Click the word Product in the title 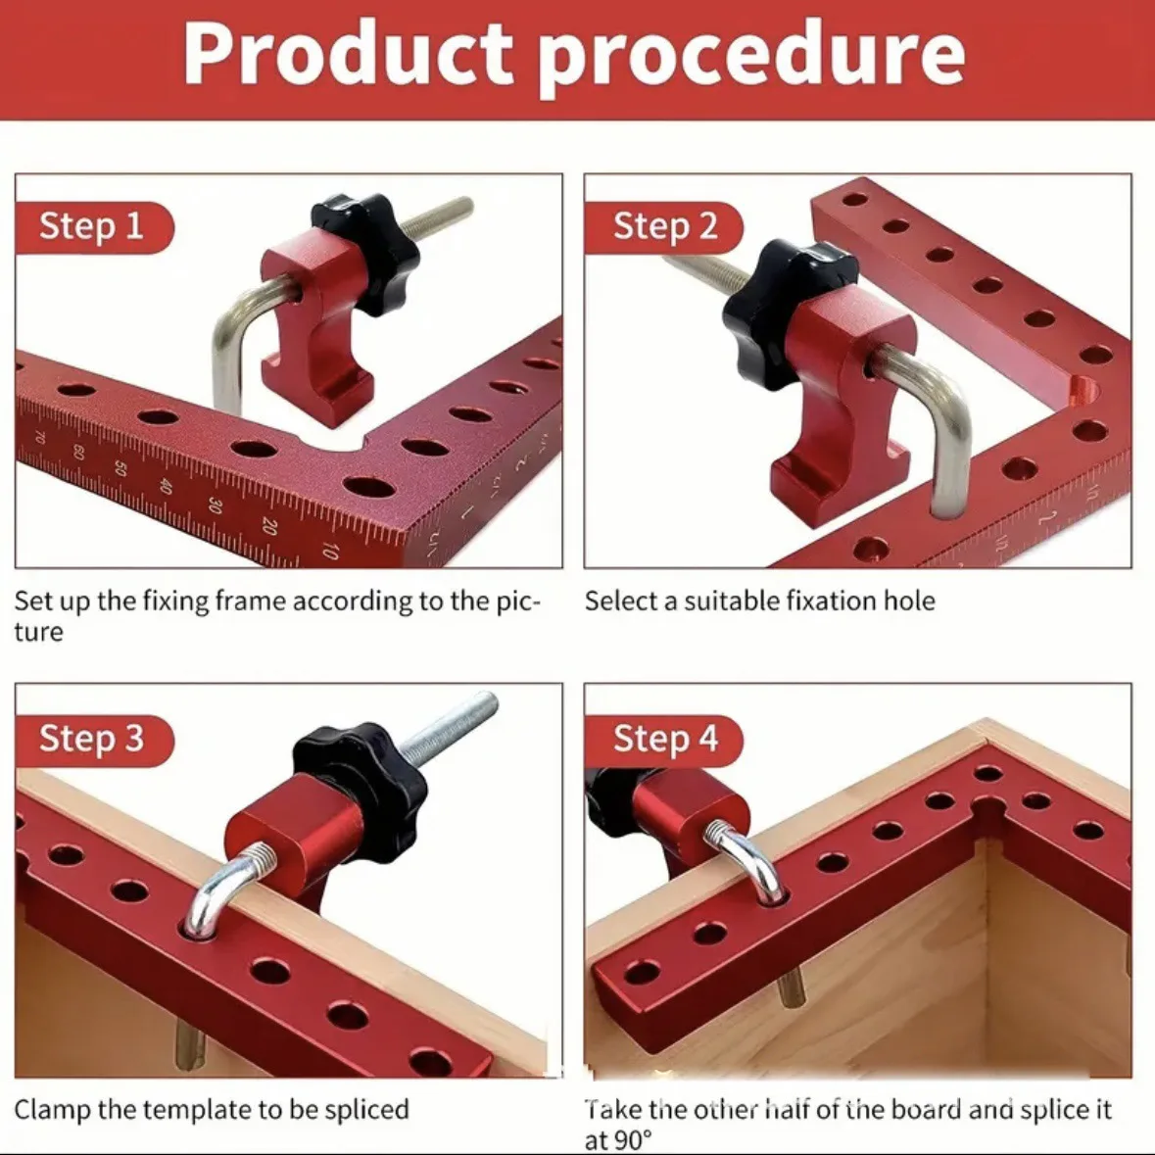(x=348, y=55)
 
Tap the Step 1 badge (x=93, y=227)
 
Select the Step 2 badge (x=663, y=227)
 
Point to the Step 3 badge (x=93, y=740)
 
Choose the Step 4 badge (x=663, y=740)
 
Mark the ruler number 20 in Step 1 (x=269, y=526)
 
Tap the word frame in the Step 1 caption (x=251, y=602)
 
